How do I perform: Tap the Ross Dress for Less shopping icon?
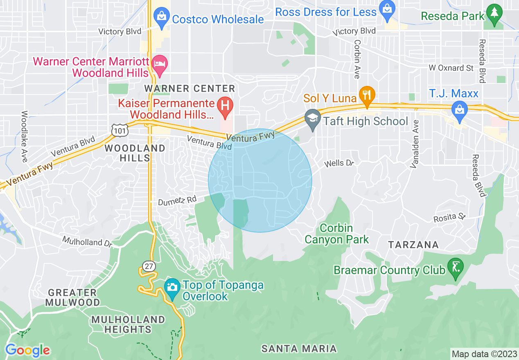(386, 8)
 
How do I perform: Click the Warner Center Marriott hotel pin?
(159, 64)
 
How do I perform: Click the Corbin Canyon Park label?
(336, 234)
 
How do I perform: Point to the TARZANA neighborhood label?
(413, 245)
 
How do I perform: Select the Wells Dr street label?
(338, 164)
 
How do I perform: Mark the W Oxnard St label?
(451, 68)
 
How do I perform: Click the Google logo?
(27, 350)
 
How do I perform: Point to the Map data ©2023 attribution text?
(483, 353)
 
